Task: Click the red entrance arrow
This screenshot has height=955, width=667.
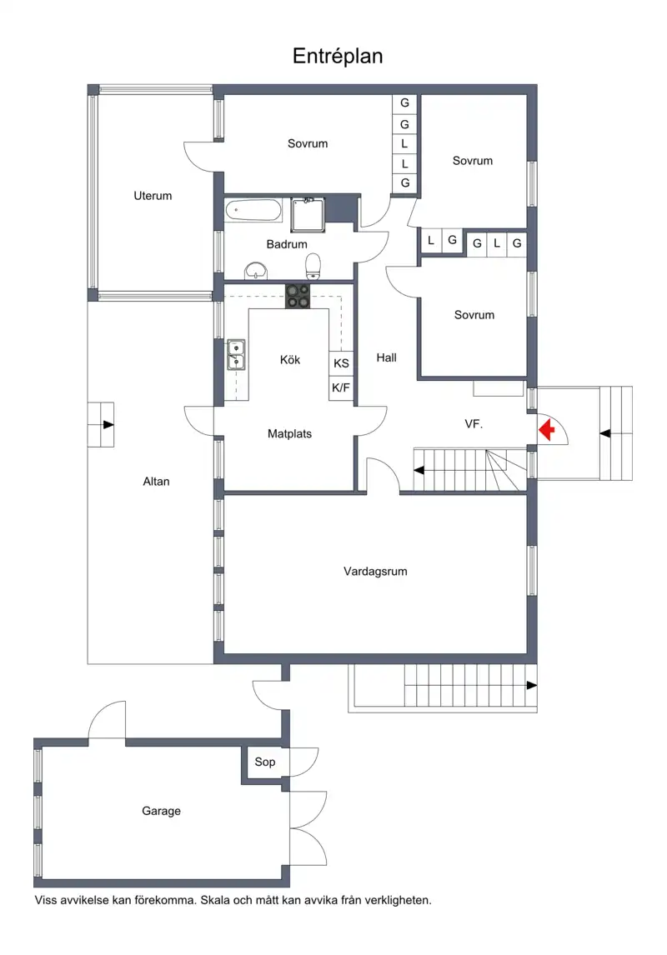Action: point(547,430)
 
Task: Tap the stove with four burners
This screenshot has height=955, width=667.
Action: point(298,296)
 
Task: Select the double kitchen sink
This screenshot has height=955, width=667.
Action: point(236,354)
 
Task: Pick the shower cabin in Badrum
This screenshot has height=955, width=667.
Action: point(308,214)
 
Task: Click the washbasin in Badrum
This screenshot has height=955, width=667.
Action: point(256,271)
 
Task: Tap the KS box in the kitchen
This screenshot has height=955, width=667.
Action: point(341,363)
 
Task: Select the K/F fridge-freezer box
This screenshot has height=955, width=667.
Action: point(341,387)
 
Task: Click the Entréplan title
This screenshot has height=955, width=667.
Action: point(338,56)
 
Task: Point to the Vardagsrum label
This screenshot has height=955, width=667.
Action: point(375,572)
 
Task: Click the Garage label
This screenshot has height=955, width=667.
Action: point(162,811)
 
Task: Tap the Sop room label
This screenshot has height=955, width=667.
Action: point(265,762)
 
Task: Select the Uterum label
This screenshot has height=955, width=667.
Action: point(153,196)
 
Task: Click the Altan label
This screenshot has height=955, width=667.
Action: point(156,481)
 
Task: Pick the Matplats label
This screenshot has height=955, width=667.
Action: point(289,433)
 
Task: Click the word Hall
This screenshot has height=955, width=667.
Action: point(386,357)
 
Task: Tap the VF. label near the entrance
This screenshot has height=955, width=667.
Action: point(474,424)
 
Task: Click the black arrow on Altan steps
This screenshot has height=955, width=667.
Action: point(108,424)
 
